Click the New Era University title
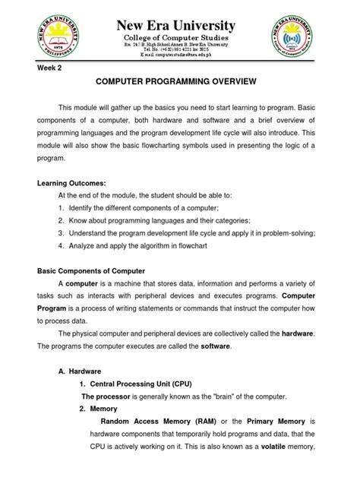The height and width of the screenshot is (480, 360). coord(180,26)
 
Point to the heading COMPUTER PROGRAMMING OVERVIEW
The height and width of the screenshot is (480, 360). coord(179,81)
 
